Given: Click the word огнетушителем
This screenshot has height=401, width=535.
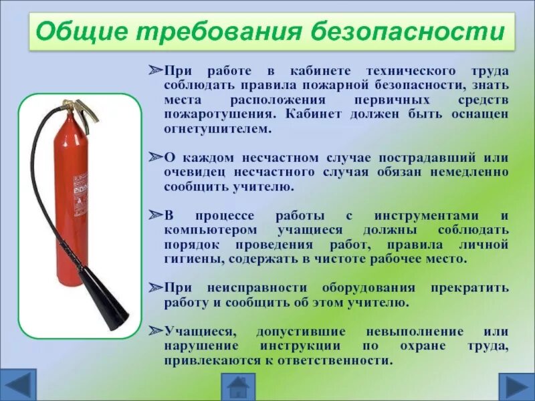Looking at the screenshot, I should [218, 128].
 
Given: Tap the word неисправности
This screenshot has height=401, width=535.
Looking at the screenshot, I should [257, 288].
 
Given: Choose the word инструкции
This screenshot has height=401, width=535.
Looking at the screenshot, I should [296, 346].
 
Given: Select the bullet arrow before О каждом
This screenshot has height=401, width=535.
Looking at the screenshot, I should [155, 158].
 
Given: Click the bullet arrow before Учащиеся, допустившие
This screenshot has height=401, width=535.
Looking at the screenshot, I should [155, 331].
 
